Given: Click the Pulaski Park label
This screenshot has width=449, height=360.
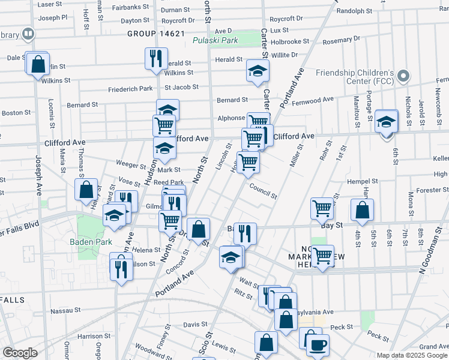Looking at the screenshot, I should tap(215, 41).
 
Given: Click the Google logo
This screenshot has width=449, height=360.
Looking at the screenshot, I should tap(20, 353).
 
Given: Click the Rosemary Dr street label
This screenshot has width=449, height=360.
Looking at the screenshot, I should tap(340, 40).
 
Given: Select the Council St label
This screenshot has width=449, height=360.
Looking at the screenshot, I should tap(264, 191).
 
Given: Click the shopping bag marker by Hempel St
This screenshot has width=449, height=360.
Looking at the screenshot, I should tap(361, 210).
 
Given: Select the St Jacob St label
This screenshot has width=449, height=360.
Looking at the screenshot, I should tap(182, 87).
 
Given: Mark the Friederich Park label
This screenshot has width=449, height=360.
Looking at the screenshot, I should tap(130, 89).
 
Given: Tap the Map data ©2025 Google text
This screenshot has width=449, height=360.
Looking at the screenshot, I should tap(411, 355).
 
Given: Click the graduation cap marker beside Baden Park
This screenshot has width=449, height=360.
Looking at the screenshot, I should tap(114, 215).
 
